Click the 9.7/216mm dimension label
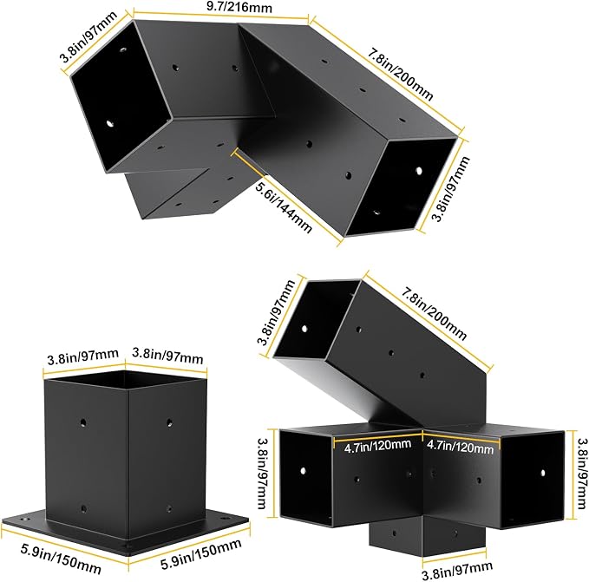[239, 6]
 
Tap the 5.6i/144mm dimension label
[284, 207]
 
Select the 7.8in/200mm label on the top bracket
[400, 75]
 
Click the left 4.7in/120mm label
[377, 446]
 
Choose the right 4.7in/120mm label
[460, 447]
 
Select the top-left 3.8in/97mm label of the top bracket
[88, 36]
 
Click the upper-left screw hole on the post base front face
[83, 423]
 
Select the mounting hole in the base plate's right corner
[226, 519]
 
